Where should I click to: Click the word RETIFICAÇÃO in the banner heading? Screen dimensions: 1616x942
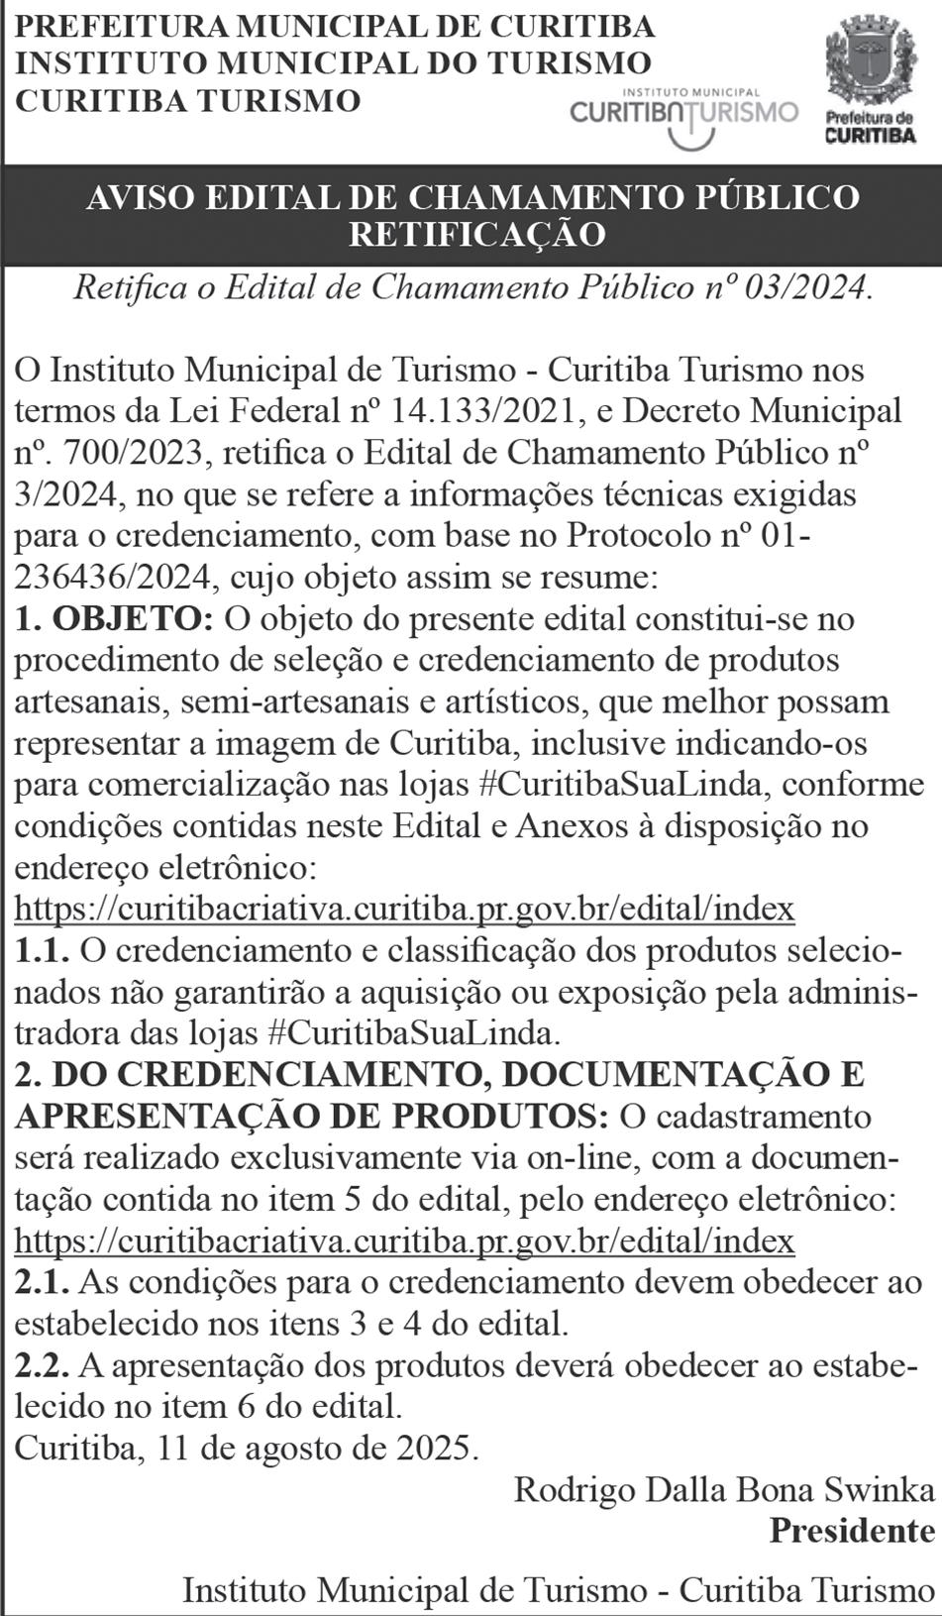pos(476,234)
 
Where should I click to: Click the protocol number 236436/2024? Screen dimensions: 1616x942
pos(111,577)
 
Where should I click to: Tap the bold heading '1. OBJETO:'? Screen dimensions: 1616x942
pos(114,618)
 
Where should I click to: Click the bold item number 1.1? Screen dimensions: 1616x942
pos(42,951)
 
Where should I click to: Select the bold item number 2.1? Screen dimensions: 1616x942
pos(42,1283)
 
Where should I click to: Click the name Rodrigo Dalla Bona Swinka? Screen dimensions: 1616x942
pos(724,1489)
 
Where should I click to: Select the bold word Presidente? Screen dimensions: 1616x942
pos(853,1531)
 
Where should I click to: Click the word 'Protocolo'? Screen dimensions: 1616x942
pos(649,535)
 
